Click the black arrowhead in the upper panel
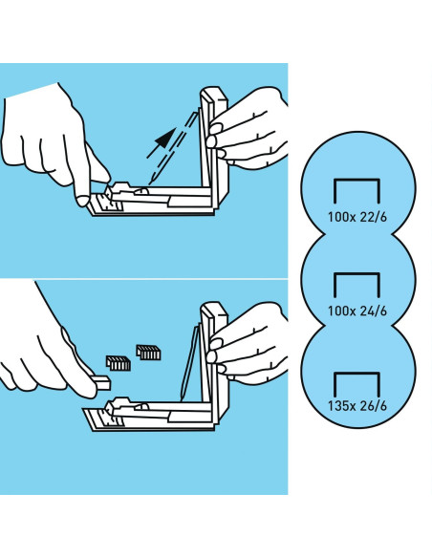[x=164, y=139]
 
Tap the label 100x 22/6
[x=356, y=217]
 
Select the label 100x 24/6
[x=356, y=311]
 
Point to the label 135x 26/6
[x=356, y=406]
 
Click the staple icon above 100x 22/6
[x=356, y=180]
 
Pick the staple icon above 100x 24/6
[x=356, y=274]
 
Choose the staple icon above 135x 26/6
[x=356, y=374]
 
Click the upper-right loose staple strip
[x=148, y=353]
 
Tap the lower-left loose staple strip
[x=119, y=363]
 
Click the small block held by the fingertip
[x=101, y=382]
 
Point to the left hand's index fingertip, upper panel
[x=82, y=201]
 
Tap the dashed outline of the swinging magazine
[x=172, y=148]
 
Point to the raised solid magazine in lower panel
[x=188, y=363]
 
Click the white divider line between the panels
[x=143, y=279]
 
